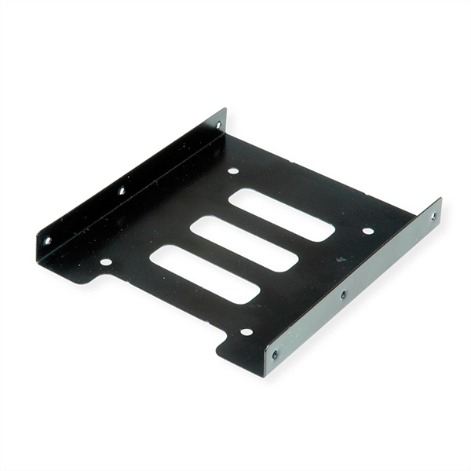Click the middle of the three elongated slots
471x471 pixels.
[x=244, y=243]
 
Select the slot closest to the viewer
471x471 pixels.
[x=204, y=274]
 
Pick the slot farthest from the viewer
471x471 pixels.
[x=282, y=214]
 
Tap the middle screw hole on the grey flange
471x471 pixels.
[x=343, y=294]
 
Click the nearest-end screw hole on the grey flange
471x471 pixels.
[x=275, y=354]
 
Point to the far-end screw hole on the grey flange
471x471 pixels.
[x=433, y=216]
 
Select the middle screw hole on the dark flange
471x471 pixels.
[x=122, y=191]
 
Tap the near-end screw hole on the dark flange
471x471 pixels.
[x=47, y=240]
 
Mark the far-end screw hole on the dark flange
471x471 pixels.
[x=218, y=125]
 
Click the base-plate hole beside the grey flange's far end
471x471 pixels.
[x=367, y=231]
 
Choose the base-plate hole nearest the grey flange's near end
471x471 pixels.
[x=246, y=331]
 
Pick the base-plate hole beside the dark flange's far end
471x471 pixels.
[x=233, y=170]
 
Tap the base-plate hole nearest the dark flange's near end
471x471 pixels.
[x=105, y=262]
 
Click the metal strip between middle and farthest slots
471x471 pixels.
[x=263, y=228]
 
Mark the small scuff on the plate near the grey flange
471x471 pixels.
[x=341, y=259]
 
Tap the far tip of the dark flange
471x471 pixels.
[x=225, y=110]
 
